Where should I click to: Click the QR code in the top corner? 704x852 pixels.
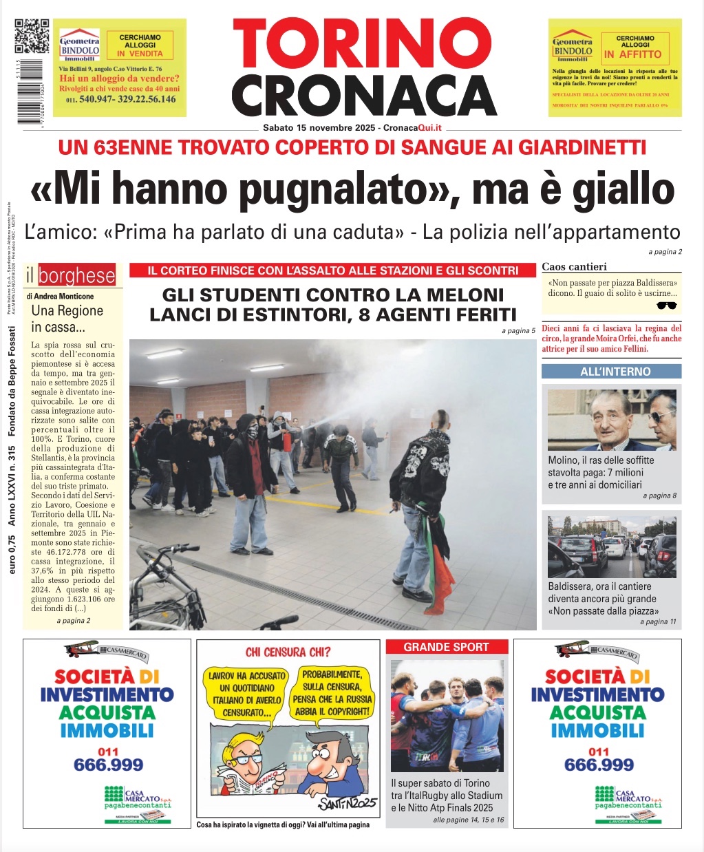[32, 36]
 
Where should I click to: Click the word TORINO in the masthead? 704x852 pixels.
[363, 43]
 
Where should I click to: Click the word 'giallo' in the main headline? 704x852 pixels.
[623, 189]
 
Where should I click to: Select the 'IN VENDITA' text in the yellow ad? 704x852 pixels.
[140, 53]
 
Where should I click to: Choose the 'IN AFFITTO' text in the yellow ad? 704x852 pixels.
[632, 54]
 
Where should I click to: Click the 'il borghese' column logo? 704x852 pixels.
[70, 276]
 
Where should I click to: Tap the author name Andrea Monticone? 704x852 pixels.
[59, 297]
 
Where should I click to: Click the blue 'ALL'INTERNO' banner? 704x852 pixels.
[611, 372]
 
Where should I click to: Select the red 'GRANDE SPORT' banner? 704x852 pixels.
[446, 647]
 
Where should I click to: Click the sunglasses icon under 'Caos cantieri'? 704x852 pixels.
[667, 306]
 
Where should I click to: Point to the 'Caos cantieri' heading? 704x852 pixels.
[573, 267]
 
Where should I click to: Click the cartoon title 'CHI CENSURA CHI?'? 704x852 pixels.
[288, 652]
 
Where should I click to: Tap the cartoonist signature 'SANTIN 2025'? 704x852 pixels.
[348, 804]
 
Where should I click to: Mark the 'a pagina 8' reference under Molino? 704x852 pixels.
[659, 496]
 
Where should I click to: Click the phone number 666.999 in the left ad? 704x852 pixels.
[108, 765]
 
